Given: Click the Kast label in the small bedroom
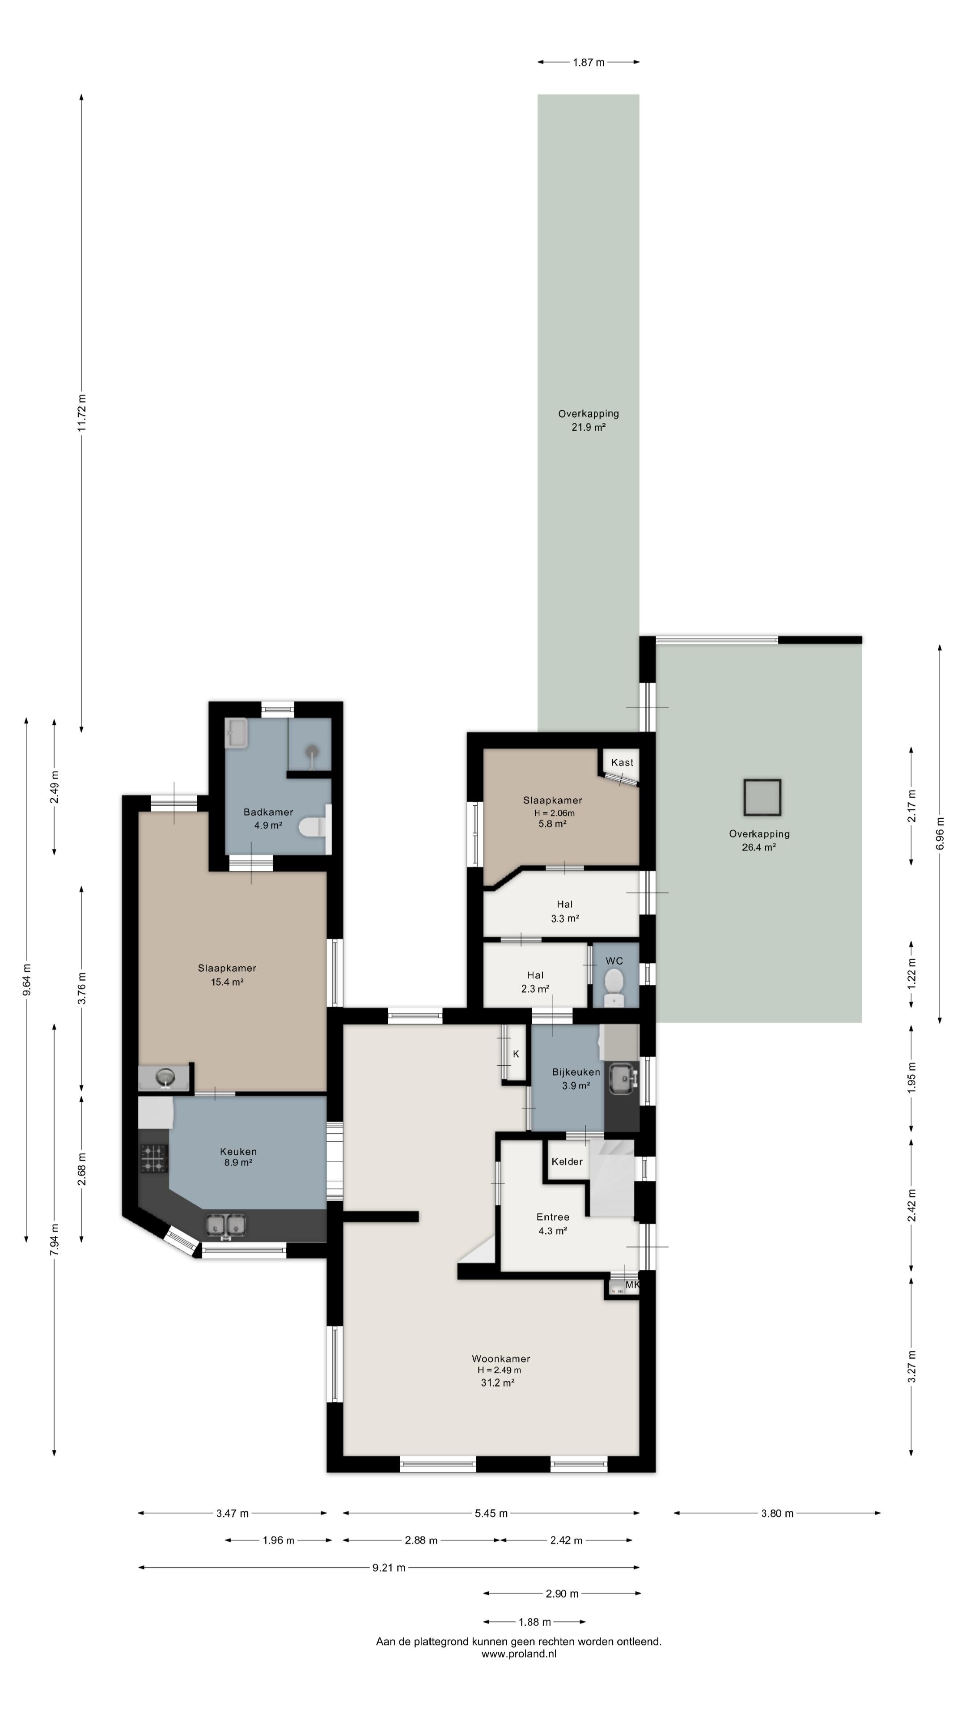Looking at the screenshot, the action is pyautogui.click(x=622, y=762).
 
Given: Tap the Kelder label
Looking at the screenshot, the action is pyautogui.click(x=567, y=1161).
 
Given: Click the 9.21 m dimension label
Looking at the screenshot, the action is pyautogui.click(x=389, y=1567).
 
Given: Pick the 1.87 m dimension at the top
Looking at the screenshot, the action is pyautogui.click(x=589, y=62).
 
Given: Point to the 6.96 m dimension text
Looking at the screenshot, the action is pyautogui.click(x=940, y=833).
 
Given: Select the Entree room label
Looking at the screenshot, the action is pyautogui.click(x=553, y=1217).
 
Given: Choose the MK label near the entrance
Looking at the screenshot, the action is pyautogui.click(x=632, y=1284).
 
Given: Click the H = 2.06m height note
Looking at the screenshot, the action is pyautogui.click(x=553, y=812).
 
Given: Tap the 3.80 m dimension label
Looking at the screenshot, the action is pyautogui.click(x=777, y=1513).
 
